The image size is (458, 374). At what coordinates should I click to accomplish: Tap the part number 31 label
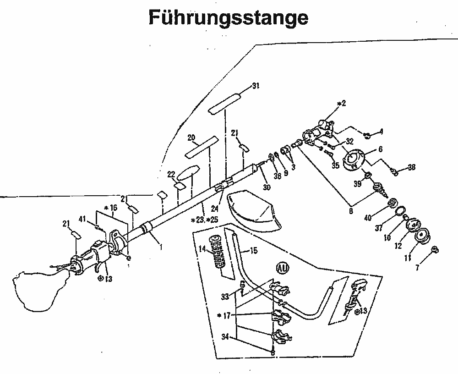[x=256, y=86]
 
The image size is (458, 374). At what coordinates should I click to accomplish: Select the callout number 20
[x=191, y=137]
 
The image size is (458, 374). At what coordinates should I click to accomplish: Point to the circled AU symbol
[x=283, y=267]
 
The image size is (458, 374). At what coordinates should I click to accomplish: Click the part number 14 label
[x=202, y=249]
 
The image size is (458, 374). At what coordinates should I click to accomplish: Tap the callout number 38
[x=411, y=168]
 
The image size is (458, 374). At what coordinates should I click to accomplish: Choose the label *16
[x=110, y=208]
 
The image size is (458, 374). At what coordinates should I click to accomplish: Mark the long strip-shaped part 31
[x=225, y=103]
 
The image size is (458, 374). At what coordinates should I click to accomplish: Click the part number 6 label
[x=380, y=149]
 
